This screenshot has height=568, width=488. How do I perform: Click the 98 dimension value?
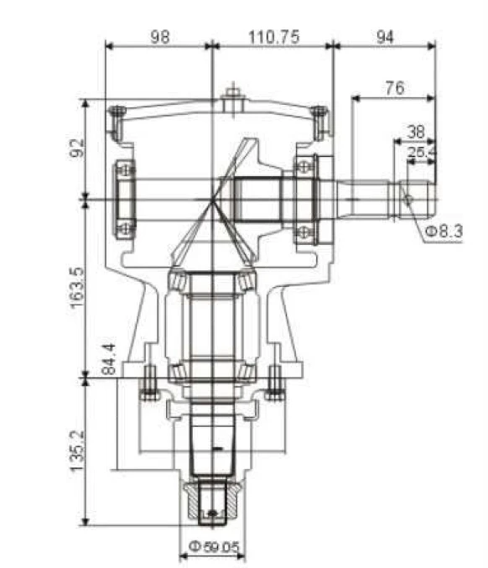[x=159, y=37]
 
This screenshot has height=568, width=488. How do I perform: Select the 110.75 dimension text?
[x=274, y=37]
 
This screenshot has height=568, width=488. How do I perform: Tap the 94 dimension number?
[x=385, y=37]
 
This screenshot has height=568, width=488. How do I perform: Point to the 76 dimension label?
[x=395, y=87]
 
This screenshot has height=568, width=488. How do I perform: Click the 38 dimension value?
[x=416, y=132]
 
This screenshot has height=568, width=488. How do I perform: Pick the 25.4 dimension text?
[x=422, y=152]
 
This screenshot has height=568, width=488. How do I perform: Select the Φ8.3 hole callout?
[x=444, y=231]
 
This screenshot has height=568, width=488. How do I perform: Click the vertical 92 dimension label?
[x=77, y=148]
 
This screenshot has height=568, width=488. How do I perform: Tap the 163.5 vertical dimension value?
[x=77, y=288]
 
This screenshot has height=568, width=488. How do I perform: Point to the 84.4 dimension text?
[x=108, y=359]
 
